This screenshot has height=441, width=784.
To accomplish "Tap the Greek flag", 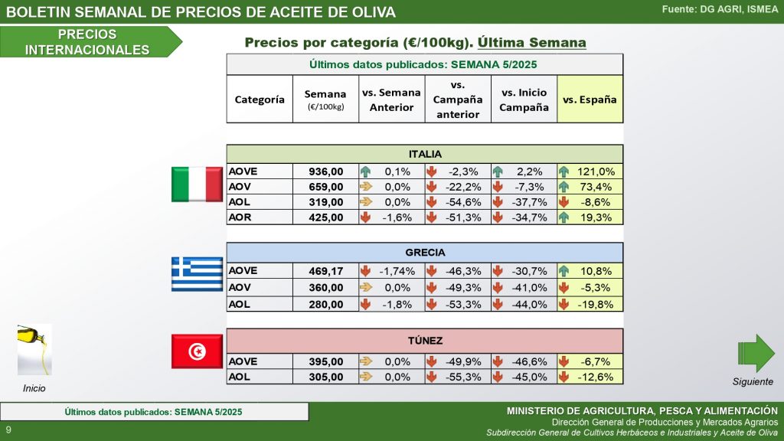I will [197, 274].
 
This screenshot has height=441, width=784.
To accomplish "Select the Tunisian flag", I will [197, 351].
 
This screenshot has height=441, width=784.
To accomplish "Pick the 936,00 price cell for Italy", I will [325, 171].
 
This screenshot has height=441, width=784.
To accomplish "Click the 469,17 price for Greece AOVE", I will [325, 271].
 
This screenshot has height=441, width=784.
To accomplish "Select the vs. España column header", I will [590, 100].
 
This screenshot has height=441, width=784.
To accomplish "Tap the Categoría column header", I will [260, 100].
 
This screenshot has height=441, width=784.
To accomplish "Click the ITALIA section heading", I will [425, 154].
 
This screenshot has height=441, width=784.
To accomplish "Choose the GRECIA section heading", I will [425, 253].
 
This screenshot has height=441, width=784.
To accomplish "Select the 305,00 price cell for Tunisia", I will [325, 377].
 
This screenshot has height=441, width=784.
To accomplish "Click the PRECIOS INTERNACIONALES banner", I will [87, 42].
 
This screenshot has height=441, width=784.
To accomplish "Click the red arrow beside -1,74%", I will [365, 271].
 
